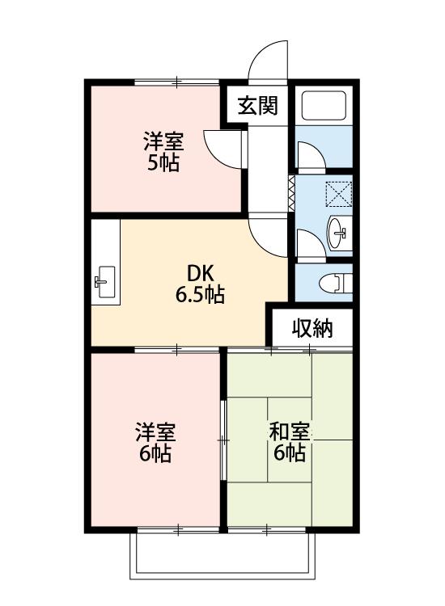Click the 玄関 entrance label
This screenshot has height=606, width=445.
pos(258,105)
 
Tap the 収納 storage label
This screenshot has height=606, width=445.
pos(312,329)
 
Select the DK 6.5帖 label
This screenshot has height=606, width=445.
pos(200,284)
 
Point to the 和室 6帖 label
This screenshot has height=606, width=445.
pos(290,443)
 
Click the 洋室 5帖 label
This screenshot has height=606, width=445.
pos(163,152)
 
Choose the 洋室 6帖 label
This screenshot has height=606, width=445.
pos(155,443)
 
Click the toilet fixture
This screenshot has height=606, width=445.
pos(336,283)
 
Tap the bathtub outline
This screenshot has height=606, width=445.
pos(324,106)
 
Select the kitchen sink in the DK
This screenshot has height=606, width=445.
pos(105,282)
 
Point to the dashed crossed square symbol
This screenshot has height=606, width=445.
pos(338,194)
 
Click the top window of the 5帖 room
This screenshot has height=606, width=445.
pos(177,82)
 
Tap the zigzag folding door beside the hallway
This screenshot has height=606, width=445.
pos(291,193)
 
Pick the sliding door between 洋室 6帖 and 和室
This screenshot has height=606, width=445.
pos(223,440)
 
